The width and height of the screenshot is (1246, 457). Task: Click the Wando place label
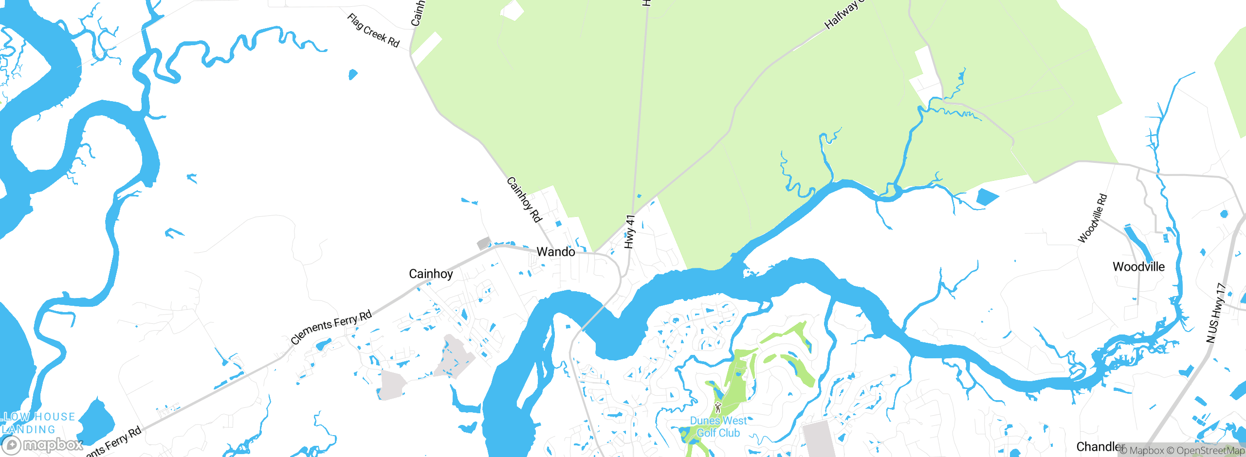555,252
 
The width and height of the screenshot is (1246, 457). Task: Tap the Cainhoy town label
431,274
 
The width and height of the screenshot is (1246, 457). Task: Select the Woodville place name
1138,266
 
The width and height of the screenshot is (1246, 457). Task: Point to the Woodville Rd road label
1093,218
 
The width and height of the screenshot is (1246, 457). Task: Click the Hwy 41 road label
630,232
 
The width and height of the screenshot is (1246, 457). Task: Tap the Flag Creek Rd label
373,31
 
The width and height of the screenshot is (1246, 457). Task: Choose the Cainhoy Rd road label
524,200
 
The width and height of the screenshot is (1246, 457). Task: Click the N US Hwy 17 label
1216,313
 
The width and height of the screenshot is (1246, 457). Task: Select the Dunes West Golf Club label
718,427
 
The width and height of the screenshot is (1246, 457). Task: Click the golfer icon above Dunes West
718,407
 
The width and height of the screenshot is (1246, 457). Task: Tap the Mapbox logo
43,444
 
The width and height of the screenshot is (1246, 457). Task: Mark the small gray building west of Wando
483,243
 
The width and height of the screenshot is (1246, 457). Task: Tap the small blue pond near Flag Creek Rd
353,74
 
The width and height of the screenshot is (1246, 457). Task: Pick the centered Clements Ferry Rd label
331,327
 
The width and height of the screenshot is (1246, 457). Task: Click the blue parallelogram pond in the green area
988,196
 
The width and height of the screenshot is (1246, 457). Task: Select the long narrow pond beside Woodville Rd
1138,243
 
